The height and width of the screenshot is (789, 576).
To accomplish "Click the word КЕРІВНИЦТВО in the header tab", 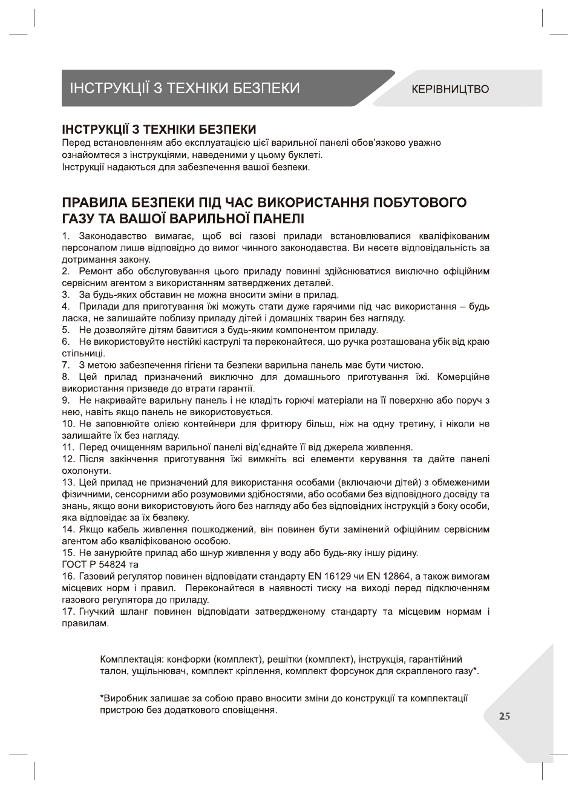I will (450, 90).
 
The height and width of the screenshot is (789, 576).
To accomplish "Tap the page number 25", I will (505, 716).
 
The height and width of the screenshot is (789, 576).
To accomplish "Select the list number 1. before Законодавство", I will (66, 235).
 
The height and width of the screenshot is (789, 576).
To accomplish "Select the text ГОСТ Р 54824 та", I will (100, 565).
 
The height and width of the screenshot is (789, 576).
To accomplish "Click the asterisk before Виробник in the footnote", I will (101, 698).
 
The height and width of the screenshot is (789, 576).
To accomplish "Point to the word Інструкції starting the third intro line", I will (85, 166).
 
